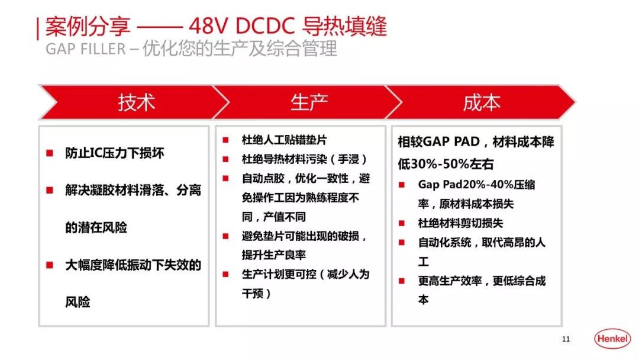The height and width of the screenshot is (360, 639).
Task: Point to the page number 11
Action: point(566,339)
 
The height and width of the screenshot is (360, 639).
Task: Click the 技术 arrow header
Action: point(136,102)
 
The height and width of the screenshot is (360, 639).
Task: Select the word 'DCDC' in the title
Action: point(264,27)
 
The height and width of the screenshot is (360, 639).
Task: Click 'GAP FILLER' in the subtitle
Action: point(85,49)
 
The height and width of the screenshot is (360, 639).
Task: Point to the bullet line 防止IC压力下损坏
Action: point(115,153)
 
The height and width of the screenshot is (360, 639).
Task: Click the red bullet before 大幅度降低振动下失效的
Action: point(50,265)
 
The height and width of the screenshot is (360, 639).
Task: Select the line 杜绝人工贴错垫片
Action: point(284,140)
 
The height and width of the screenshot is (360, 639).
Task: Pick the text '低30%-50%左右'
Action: point(446,164)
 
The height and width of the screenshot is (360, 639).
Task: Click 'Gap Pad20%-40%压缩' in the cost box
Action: point(476,184)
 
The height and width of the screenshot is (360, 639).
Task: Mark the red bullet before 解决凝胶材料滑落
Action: point(50,191)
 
